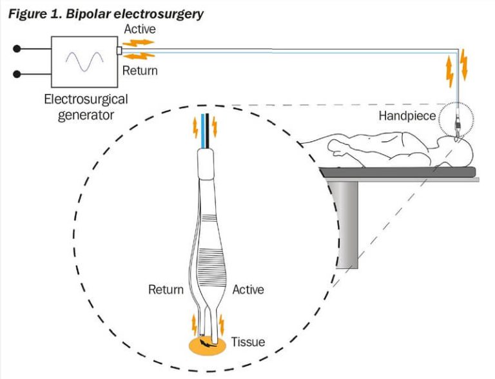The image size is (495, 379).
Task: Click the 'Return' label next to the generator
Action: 140,70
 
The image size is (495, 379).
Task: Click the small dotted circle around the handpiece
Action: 456,120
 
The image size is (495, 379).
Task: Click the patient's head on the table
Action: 463,152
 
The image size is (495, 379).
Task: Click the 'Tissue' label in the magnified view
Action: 248,342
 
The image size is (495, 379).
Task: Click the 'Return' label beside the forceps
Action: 165,290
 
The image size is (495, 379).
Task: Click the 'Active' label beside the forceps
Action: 248,290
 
